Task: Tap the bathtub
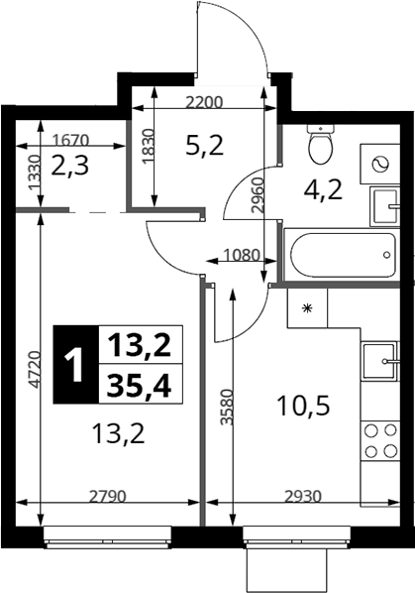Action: [x=342, y=255]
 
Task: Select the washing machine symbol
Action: [x=379, y=164]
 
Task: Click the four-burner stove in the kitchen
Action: [x=380, y=440]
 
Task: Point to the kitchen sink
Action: [x=380, y=361]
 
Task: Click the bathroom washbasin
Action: [x=384, y=206]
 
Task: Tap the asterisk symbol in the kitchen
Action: [x=307, y=308]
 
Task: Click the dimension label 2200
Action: [x=204, y=102]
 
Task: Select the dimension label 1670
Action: [x=70, y=140]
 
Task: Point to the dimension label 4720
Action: [x=35, y=369]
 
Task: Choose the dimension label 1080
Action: [x=242, y=255]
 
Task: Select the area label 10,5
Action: [x=303, y=406]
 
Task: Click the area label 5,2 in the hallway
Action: [x=205, y=146]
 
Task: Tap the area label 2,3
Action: [x=70, y=166]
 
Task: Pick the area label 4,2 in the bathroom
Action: [x=323, y=189]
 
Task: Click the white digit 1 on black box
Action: [x=75, y=365]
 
